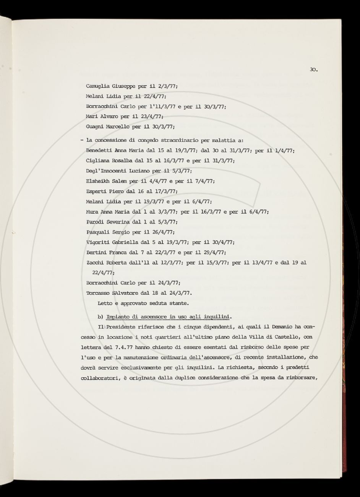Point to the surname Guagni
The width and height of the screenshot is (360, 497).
pyautogui.click(x=95, y=127)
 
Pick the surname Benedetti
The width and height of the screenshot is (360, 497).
pyautogui.click(x=99, y=151)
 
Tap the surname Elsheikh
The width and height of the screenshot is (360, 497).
pyautogui.click(x=97, y=181)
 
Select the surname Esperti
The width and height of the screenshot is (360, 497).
pyautogui.click(x=95, y=191)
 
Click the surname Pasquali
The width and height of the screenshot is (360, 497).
pyautogui.click(x=98, y=232)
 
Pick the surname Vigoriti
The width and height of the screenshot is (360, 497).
pyautogui.click(x=98, y=242)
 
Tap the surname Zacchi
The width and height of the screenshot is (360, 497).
pyautogui.click(x=95, y=263)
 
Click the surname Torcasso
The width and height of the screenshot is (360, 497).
pyautogui.click(x=98, y=293)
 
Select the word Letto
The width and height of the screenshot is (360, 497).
pyautogui.click(x=105, y=303)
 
